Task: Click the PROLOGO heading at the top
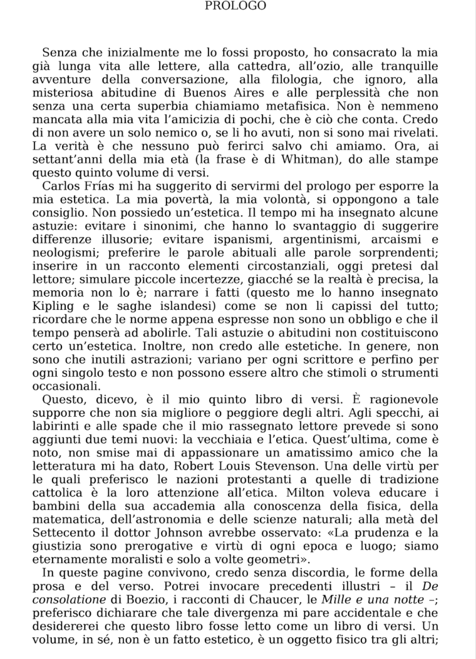pos(235,6)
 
